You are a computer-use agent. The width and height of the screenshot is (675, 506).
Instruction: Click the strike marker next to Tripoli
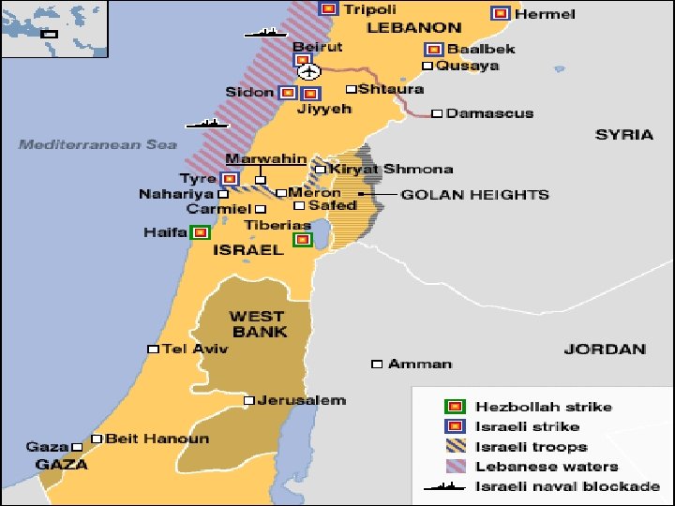click(327, 9)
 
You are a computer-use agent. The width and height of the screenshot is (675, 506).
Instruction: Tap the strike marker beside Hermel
click(501, 13)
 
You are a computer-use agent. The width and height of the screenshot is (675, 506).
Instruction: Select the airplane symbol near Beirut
click(307, 70)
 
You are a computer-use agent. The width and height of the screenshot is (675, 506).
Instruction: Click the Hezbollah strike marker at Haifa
click(199, 232)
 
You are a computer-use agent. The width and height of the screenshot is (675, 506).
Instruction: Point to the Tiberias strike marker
click(302, 240)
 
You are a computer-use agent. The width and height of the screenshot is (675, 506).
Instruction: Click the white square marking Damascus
click(437, 113)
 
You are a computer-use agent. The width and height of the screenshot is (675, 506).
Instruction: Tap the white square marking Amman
click(377, 364)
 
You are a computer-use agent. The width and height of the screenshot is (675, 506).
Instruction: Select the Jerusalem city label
click(302, 400)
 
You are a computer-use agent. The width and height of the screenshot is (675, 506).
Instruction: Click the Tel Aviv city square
click(153, 349)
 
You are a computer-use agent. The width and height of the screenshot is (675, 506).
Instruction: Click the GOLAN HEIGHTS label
click(475, 195)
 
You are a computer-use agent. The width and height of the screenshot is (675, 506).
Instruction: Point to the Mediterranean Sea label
click(97, 144)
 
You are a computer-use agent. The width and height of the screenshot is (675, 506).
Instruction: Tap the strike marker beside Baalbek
click(433, 49)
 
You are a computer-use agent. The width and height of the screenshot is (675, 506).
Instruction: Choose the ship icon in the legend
click(446, 486)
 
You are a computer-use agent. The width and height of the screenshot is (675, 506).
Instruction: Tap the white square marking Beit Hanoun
click(97, 439)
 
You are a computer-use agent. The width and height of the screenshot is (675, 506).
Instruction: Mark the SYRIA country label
click(624, 134)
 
